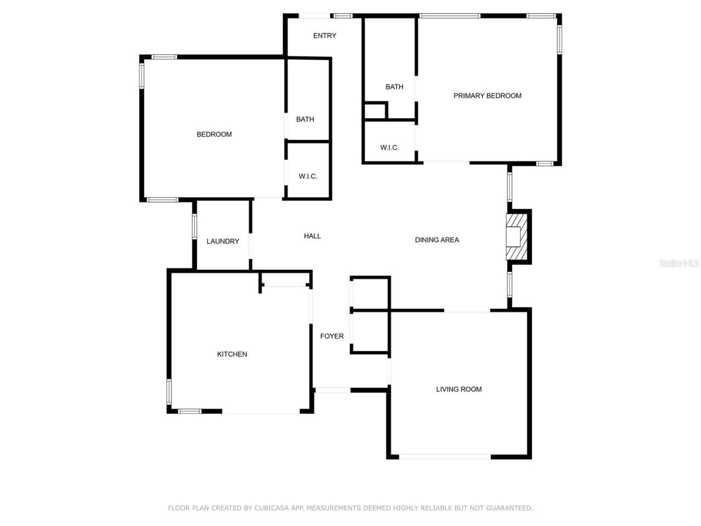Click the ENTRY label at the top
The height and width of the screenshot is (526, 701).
click(325, 36)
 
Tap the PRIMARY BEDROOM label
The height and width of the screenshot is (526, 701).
click(487, 96)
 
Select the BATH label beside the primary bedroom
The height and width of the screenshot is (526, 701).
click(394, 87)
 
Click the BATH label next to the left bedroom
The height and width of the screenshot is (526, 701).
click(305, 119)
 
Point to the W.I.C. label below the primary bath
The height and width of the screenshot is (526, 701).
click(389, 147)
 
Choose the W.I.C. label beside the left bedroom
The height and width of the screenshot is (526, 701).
click(308, 176)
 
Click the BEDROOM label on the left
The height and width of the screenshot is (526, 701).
click(214, 134)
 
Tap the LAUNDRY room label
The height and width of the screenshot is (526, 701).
click(223, 241)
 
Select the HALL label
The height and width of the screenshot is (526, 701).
click(312, 236)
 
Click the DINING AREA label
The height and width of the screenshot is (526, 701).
click(437, 240)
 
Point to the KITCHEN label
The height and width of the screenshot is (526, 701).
click(232, 355)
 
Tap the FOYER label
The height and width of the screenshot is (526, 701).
click(332, 336)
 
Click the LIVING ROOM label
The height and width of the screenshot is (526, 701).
click(459, 390)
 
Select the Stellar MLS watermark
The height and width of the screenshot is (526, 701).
click(679, 263)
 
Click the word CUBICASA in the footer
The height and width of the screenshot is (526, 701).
click(272, 508)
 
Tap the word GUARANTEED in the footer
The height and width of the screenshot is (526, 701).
click(512, 508)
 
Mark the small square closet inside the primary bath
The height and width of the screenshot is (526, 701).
click(375, 111)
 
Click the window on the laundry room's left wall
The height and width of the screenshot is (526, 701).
click(194, 226)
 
